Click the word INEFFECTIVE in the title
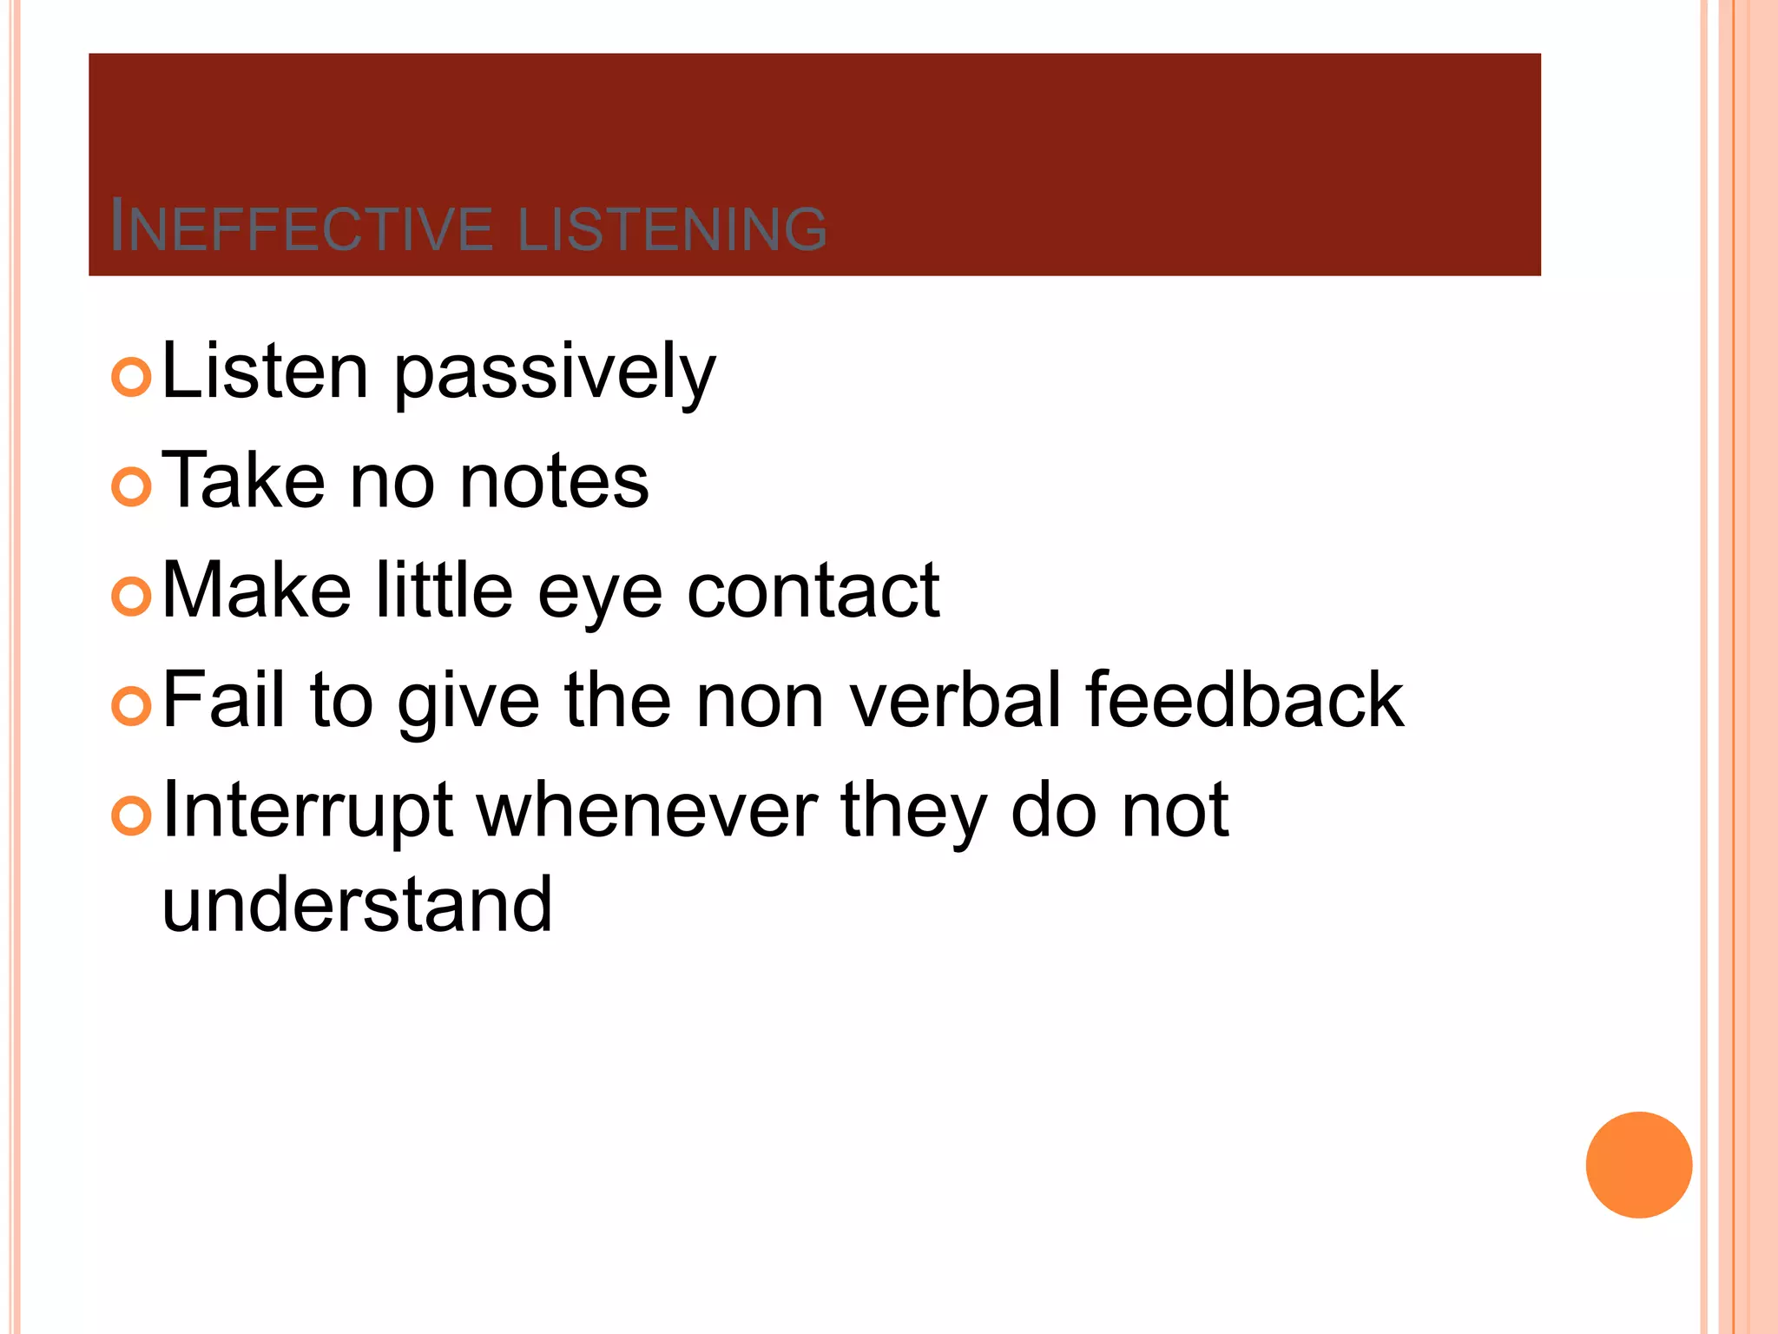click(x=301, y=228)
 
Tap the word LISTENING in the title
click(x=672, y=228)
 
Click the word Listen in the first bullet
click(x=265, y=372)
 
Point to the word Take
click(x=242, y=480)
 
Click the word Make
click(x=256, y=591)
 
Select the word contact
click(x=813, y=591)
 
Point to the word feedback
click(x=1244, y=700)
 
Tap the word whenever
click(x=647, y=809)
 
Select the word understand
click(x=357, y=904)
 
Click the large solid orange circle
click(x=1638, y=1165)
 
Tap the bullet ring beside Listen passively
click(x=132, y=377)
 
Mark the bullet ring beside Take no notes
click(x=132, y=486)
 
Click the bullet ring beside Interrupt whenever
click(x=132, y=816)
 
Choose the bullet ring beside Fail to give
click(x=132, y=706)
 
